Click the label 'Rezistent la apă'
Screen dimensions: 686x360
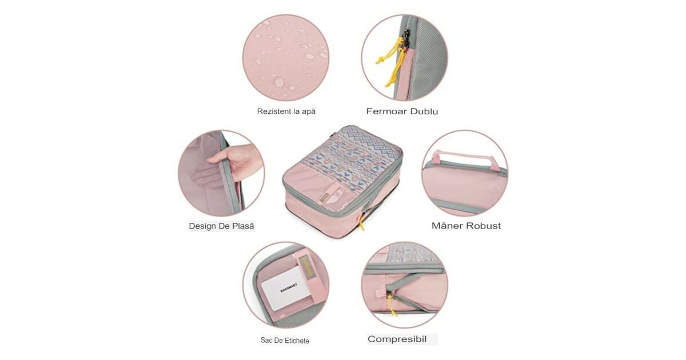pyautogui.click(x=286, y=111)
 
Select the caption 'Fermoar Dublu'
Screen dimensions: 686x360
pyautogui.click(x=402, y=111)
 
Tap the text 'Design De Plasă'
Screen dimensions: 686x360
pyautogui.click(x=221, y=226)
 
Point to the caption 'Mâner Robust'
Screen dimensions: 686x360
pyautogui.click(x=466, y=226)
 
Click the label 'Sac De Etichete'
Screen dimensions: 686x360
pyautogui.click(x=285, y=341)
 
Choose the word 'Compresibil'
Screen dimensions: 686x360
pyautogui.click(x=397, y=339)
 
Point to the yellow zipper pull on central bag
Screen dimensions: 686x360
pyautogui.click(x=361, y=222)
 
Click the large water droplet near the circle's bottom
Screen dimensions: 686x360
pyautogui.click(x=280, y=82)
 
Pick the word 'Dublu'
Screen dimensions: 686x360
pyautogui.click(x=424, y=111)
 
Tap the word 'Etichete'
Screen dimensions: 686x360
pyautogui.click(x=297, y=341)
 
